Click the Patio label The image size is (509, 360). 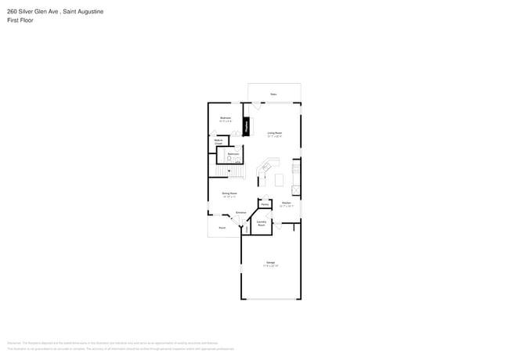(274, 94)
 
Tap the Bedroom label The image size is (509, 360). (225, 119)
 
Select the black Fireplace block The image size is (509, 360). (247, 125)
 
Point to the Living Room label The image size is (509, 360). (274, 134)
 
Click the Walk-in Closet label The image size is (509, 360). (218, 143)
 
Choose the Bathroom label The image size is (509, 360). (233, 154)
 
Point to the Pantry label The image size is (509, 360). (265, 204)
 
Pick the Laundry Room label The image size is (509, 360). (262, 223)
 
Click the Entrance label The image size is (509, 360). (241, 213)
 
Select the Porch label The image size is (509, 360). (222, 228)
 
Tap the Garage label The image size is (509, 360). (270, 262)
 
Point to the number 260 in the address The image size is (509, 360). (12, 12)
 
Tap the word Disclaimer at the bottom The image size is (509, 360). (14, 343)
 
